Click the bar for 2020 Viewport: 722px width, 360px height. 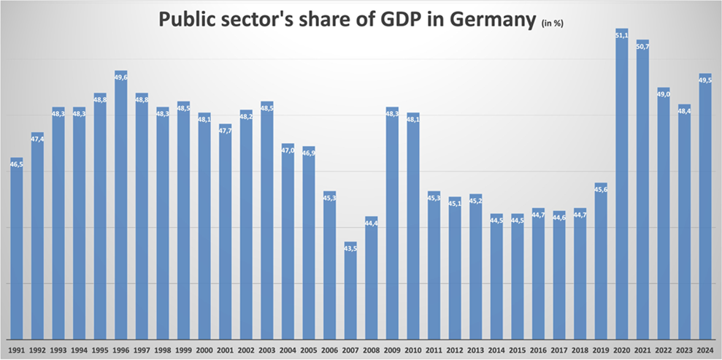[x=622, y=183]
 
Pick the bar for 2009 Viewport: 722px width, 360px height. [x=392, y=223]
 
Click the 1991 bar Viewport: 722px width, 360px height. [x=16, y=248]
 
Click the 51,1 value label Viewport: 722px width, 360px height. [x=622, y=34]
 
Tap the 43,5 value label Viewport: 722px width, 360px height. [x=350, y=248]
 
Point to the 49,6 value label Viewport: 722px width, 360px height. [x=120, y=77]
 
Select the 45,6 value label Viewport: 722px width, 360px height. [x=601, y=189]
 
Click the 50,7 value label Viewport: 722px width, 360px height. [x=642, y=46]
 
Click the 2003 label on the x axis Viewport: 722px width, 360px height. [x=266, y=350]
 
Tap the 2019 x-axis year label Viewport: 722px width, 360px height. [x=601, y=350]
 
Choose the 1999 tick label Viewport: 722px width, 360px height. [x=183, y=350]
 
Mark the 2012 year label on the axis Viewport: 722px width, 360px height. [x=455, y=350]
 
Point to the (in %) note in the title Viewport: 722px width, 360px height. [x=552, y=23]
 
